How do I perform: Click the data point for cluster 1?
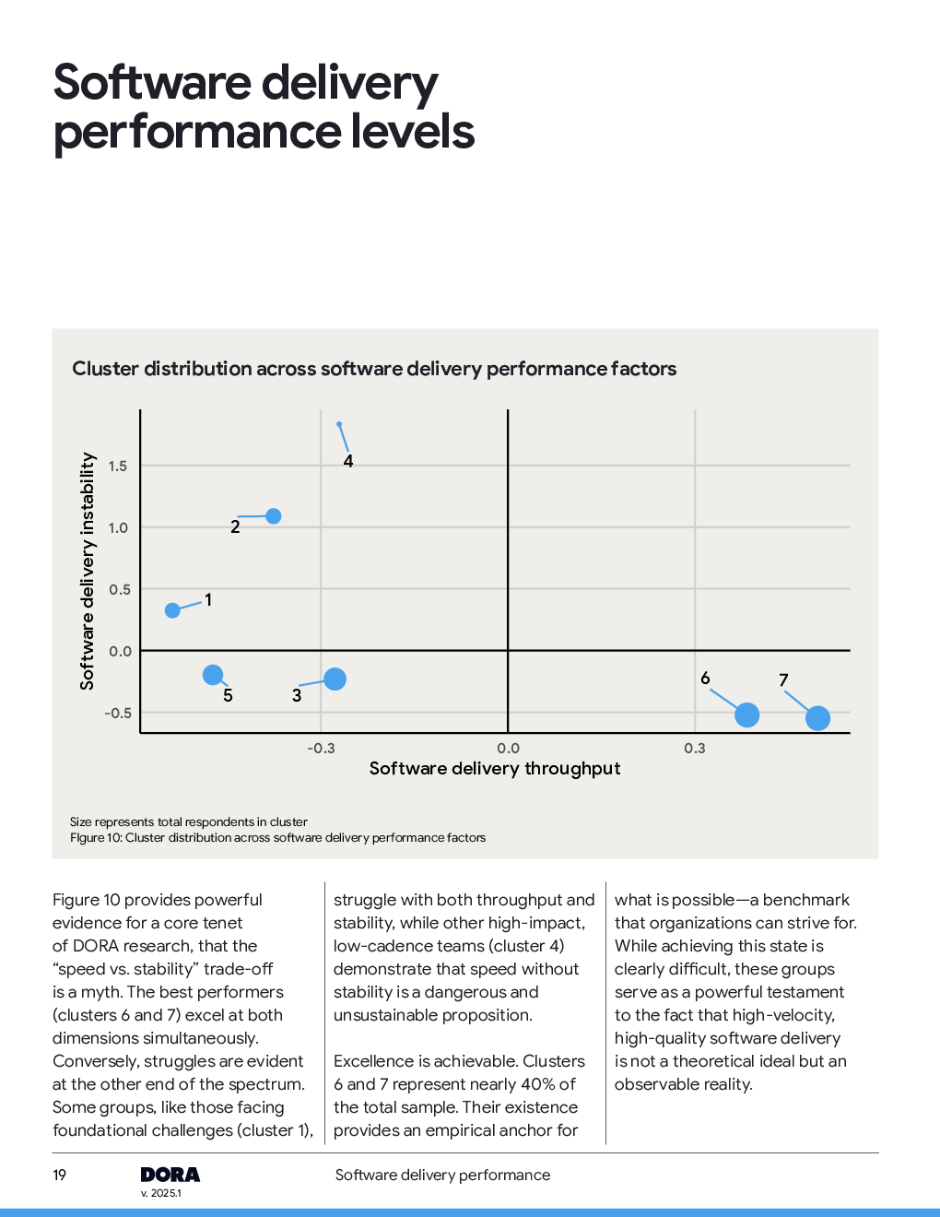pyautogui.click(x=172, y=610)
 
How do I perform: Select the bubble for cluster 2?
pyautogui.click(x=274, y=516)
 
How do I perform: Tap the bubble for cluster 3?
pyautogui.click(x=335, y=679)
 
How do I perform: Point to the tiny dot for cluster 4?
pyautogui.click(x=339, y=424)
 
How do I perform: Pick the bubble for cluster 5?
pyautogui.click(x=213, y=675)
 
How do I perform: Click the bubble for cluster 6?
pyautogui.click(x=747, y=715)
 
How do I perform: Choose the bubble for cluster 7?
pyautogui.click(x=817, y=718)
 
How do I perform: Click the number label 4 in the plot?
pyautogui.click(x=348, y=461)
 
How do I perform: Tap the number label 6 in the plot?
pyautogui.click(x=705, y=679)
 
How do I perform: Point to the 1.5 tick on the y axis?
pyautogui.click(x=118, y=467)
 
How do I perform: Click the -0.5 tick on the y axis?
pyautogui.click(x=117, y=714)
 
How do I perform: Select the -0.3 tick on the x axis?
pyautogui.click(x=321, y=749)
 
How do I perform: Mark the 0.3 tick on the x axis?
pyautogui.click(x=695, y=749)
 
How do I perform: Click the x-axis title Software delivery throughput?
pyautogui.click(x=495, y=769)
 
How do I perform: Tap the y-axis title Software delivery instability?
pyautogui.click(x=88, y=571)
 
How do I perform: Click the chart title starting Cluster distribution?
pyautogui.click(x=374, y=369)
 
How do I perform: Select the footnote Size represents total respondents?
pyautogui.click(x=189, y=822)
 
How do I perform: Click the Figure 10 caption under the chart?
pyautogui.click(x=277, y=838)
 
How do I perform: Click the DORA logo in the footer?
pyautogui.click(x=170, y=1175)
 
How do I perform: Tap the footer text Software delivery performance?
pyautogui.click(x=442, y=1175)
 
